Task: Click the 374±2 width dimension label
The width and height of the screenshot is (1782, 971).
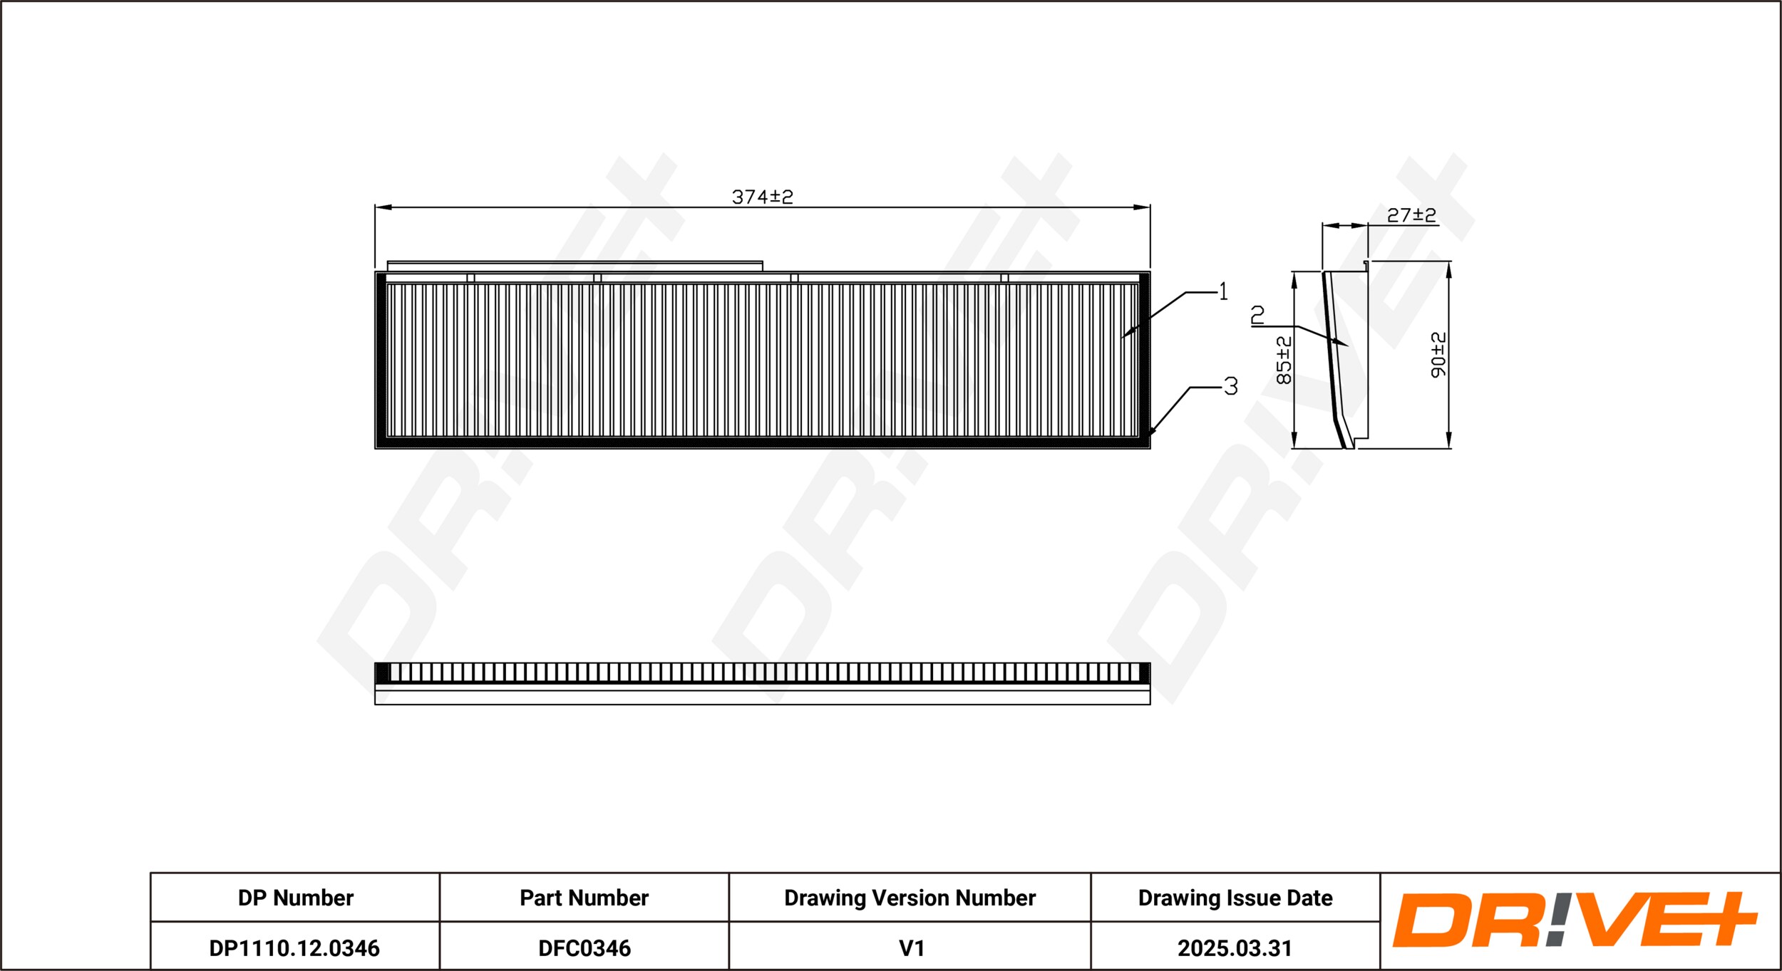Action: point(762,197)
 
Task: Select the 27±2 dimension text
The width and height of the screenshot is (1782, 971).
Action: point(1411,215)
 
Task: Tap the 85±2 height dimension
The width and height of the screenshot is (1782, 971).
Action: point(1284,360)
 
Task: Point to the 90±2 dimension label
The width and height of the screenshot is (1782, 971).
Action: point(1438,355)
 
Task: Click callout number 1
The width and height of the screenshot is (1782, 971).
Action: point(1223,291)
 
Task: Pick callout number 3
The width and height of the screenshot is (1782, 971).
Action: point(1231,386)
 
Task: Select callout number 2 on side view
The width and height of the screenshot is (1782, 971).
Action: point(1258,315)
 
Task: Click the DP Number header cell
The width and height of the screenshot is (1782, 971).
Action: point(295,898)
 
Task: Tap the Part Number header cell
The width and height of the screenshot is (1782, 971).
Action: point(584,898)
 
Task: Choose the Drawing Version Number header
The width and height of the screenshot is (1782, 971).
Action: point(910,898)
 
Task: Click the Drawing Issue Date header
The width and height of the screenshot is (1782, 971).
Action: point(1235,898)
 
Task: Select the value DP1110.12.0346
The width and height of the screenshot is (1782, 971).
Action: point(294,948)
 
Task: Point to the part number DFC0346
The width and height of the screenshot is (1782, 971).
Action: point(584,948)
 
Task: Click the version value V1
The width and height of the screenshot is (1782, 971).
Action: point(911,948)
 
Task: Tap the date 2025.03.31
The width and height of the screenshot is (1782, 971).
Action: point(1235,948)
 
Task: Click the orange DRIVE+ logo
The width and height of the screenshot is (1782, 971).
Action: point(1575,920)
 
